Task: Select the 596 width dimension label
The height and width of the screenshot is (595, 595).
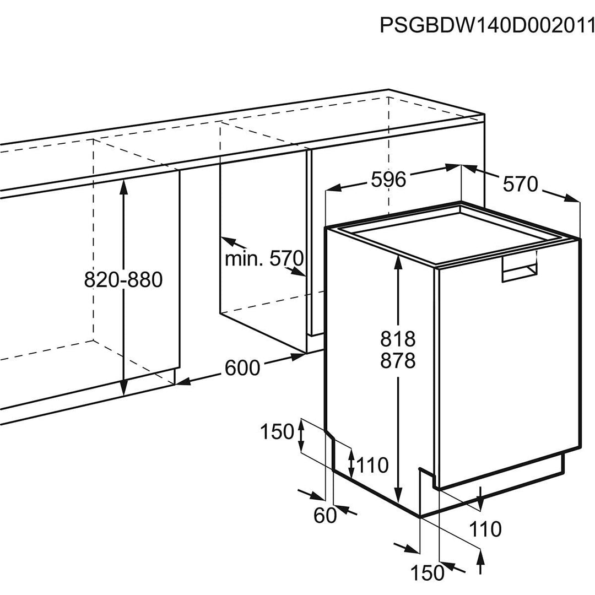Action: click(x=387, y=180)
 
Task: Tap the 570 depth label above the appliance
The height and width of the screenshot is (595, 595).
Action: click(x=520, y=184)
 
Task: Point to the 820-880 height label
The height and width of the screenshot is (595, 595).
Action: click(x=123, y=280)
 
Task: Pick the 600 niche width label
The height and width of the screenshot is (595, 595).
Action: click(x=242, y=367)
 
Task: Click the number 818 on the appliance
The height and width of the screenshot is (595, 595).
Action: click(x=397, y=338)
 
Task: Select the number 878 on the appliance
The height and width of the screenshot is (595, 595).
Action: click(x=397, y=361)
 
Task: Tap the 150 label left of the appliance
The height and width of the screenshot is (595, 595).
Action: click(x=277, y=432)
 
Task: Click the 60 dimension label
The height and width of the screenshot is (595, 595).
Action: click(x=324, y=516)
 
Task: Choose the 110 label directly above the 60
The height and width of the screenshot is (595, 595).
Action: click(x=372, y=466)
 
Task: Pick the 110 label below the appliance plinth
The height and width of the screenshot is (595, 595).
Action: click(x=485, y=529)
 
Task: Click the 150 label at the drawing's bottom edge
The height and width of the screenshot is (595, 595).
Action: click(x=428, y=573)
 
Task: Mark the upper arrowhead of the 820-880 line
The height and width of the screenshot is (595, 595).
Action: click(x=123, y=186)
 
